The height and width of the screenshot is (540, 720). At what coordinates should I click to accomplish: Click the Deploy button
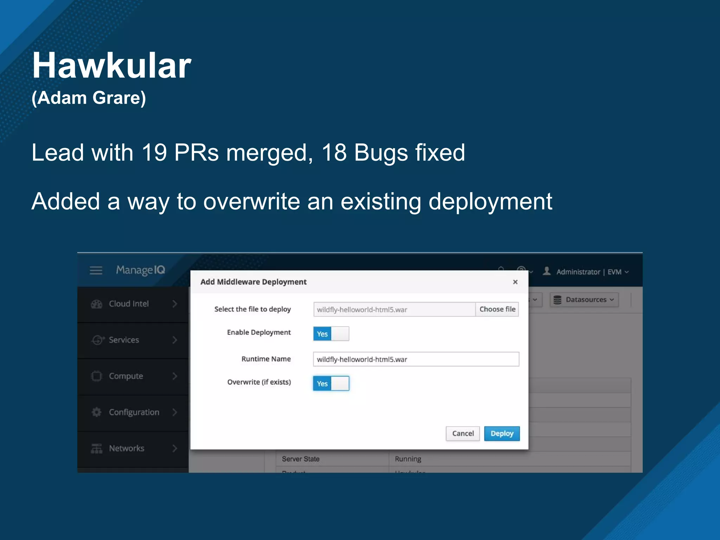502,433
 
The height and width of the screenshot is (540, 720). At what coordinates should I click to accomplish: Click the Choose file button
497,309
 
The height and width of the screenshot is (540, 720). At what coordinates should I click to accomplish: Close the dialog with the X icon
515,282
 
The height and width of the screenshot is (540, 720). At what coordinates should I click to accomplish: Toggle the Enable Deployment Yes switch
331,334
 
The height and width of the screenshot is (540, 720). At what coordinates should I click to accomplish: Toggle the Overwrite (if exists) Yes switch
331,383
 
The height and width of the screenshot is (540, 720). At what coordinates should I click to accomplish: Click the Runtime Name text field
416,359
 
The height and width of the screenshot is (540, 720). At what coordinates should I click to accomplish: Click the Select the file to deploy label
252,309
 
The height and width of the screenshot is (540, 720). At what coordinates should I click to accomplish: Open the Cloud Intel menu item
129,304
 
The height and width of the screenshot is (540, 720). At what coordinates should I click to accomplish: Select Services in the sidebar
124,340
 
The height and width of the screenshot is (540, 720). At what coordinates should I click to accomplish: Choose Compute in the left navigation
126,376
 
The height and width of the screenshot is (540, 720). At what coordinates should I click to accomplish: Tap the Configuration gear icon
96,412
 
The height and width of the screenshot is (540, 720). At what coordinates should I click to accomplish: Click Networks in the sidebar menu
127,448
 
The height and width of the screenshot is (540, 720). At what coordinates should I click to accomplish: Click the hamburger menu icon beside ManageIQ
96,270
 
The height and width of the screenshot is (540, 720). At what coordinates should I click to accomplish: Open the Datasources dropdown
584,300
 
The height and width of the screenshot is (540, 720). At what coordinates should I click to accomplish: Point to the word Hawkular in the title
111,66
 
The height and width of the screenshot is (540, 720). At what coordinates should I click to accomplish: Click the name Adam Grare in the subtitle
89,98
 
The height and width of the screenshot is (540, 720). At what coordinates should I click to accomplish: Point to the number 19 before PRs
154,153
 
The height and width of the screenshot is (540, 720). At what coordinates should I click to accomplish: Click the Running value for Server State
408,459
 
